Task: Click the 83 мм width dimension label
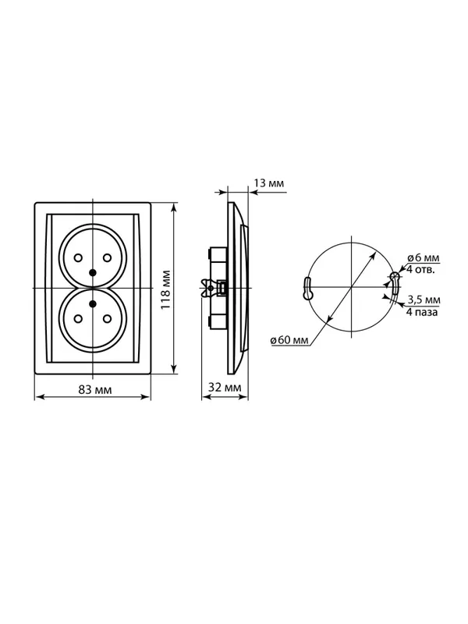click(94, 389)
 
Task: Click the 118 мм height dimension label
click(166, 289)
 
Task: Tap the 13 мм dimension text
click(268, 183)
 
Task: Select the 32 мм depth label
click(225, 387)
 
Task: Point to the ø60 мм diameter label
click(289, 341)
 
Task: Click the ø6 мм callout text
click(423, 257)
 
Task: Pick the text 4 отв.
click(420, 269)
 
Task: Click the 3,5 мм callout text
click(424, 300)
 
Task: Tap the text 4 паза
click(422, 311)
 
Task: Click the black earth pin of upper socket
click(93, 272)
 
